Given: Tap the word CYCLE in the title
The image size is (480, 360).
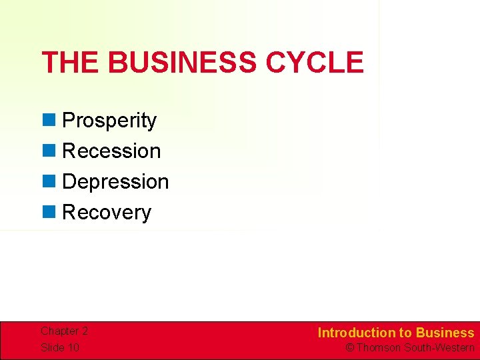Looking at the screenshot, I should point(315,63).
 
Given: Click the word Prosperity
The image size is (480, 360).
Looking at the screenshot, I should point(109,121).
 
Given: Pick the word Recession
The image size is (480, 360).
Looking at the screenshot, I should point(111,151).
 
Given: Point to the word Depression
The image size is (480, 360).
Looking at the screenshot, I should point(115,182).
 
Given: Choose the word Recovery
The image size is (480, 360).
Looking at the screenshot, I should point(107,213).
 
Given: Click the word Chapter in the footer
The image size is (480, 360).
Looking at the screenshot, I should point(59,331).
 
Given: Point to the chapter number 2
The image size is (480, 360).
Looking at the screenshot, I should point(85,331).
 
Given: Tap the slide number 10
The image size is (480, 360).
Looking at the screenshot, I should point(73,347).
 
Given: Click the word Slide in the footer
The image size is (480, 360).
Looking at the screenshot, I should point(52,347).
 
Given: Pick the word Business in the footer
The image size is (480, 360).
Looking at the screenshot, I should point(445,333).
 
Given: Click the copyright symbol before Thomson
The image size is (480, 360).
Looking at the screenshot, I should point(349,348).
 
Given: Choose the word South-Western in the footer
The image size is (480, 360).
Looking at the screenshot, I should point(439,348).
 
